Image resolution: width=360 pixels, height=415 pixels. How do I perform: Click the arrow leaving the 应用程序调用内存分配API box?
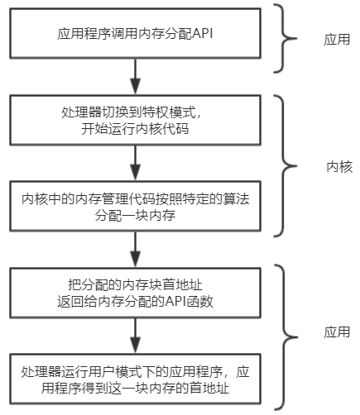coord(132,79)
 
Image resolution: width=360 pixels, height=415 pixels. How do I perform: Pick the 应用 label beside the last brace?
coord(337,332)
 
